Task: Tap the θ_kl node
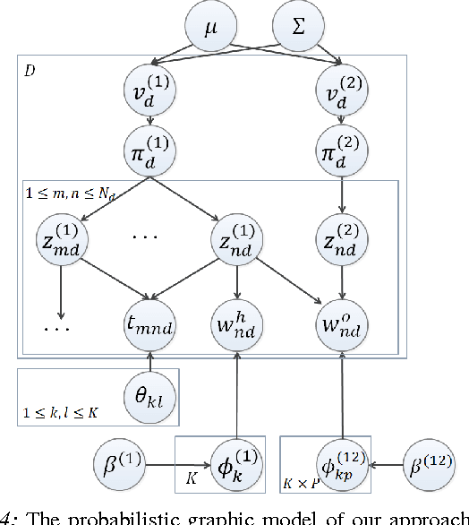pyautogui.click(x=149, y=392)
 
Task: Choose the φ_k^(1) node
pyautogui.click(x=237, y=465)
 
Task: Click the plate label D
pyautogui.click(x=30, y=70)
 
